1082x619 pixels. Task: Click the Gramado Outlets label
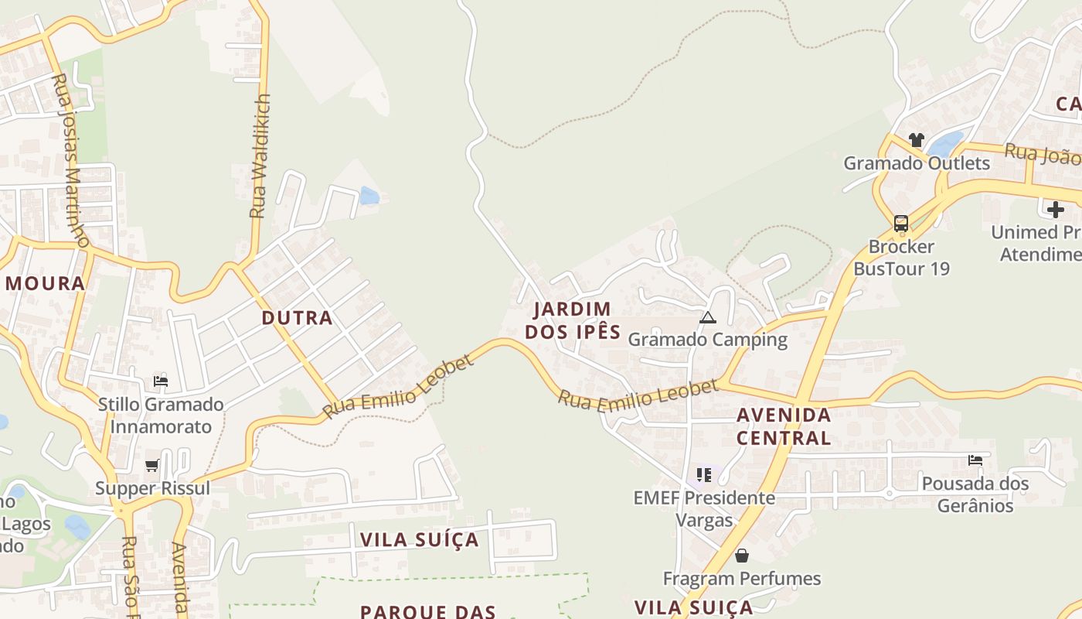tap(916, 163)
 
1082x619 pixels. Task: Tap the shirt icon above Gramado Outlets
tap(916, 140)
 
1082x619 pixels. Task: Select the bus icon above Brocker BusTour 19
tap(901, 224)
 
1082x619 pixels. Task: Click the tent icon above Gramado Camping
tap(707, 317)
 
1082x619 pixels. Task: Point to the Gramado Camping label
tap(707, 340)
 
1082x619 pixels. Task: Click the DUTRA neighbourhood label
tap(297, 318)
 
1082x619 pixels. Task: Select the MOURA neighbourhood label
tap(45, 283)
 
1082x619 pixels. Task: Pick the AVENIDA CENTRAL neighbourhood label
tap(784, 426)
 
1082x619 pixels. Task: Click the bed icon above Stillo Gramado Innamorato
tap(161, 381)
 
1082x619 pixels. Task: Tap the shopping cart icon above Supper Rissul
tap(152, 465)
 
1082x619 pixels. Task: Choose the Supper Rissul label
tap(152, 488)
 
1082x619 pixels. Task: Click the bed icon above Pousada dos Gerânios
tap(975, 460)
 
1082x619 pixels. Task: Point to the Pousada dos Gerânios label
tap(975, 494)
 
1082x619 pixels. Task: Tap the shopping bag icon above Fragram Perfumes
tap(742, 556)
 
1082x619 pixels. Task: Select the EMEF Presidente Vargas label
tap(704, 508)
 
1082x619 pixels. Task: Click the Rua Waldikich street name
tap(261, 155)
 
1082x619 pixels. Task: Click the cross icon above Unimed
tap(1055, 209)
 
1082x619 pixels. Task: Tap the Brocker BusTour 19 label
tap(901, 258)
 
